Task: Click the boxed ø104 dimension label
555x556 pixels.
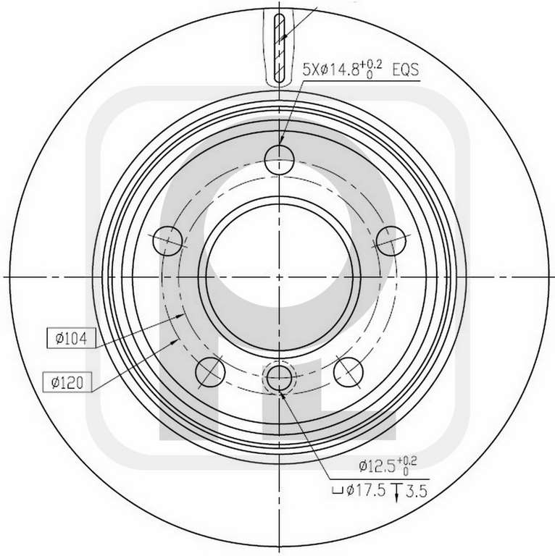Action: (x=71, y=338)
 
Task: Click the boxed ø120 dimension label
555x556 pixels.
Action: (x=67, y=382)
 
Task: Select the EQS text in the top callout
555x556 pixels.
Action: (x=406, y=69)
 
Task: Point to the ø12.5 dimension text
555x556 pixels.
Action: (x=388, y=466)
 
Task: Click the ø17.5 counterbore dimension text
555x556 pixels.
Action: (x=366, y=490)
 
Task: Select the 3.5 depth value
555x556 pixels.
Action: (x=417, y=491)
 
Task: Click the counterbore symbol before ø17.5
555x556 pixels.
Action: (x=337, y=491)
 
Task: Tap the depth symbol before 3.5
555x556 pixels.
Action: (x=396, y=492)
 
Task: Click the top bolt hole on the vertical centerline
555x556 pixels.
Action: (x=280, y=159)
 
